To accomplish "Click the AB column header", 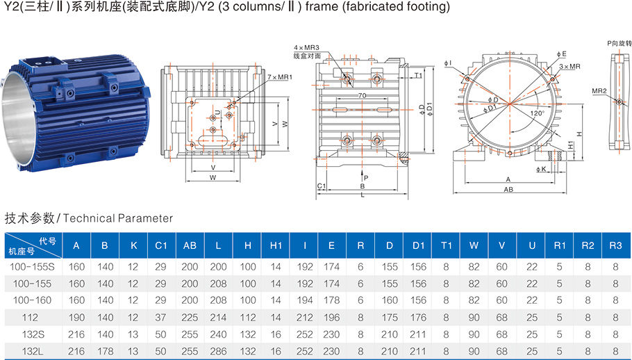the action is [190, 245].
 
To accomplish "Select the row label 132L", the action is [32, 351].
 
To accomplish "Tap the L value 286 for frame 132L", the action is [218, 351].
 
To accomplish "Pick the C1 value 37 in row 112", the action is [161, 318].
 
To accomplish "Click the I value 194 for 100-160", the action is [305, 300].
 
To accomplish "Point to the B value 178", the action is [105, 351].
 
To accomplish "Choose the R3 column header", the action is [615, 245].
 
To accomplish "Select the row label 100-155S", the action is [32, 267].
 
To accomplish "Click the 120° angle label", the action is [538, 113].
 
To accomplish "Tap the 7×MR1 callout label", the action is [280, 77].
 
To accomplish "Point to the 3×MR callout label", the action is [569, 66].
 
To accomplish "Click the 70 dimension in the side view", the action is [362, 95].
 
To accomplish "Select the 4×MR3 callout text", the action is [306, 48].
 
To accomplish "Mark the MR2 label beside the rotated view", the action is [599, 91].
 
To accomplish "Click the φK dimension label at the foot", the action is [541, 170].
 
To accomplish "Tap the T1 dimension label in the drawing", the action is [418, 75].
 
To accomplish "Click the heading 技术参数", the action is [29, 218].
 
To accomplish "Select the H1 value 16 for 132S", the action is [276, 334].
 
